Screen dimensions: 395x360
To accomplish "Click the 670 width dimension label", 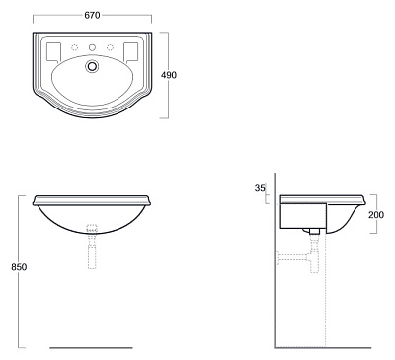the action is [x=92, y=15].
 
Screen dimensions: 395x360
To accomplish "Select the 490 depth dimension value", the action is [x=169, y=75].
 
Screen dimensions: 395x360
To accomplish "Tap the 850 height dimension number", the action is [x=19, y=267].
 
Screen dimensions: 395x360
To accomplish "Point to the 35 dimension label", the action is [x=260, y=188].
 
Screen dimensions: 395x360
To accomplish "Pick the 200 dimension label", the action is [x=376, y=215].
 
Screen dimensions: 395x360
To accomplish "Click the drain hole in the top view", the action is [x=92, y=66].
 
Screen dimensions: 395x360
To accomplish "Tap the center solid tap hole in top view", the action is [x=92, y=47].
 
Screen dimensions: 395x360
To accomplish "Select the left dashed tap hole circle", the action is [x=75, y=47].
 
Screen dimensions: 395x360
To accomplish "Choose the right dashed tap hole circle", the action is [x=110, y=47].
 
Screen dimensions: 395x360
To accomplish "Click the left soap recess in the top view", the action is [x=54, y=52].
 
